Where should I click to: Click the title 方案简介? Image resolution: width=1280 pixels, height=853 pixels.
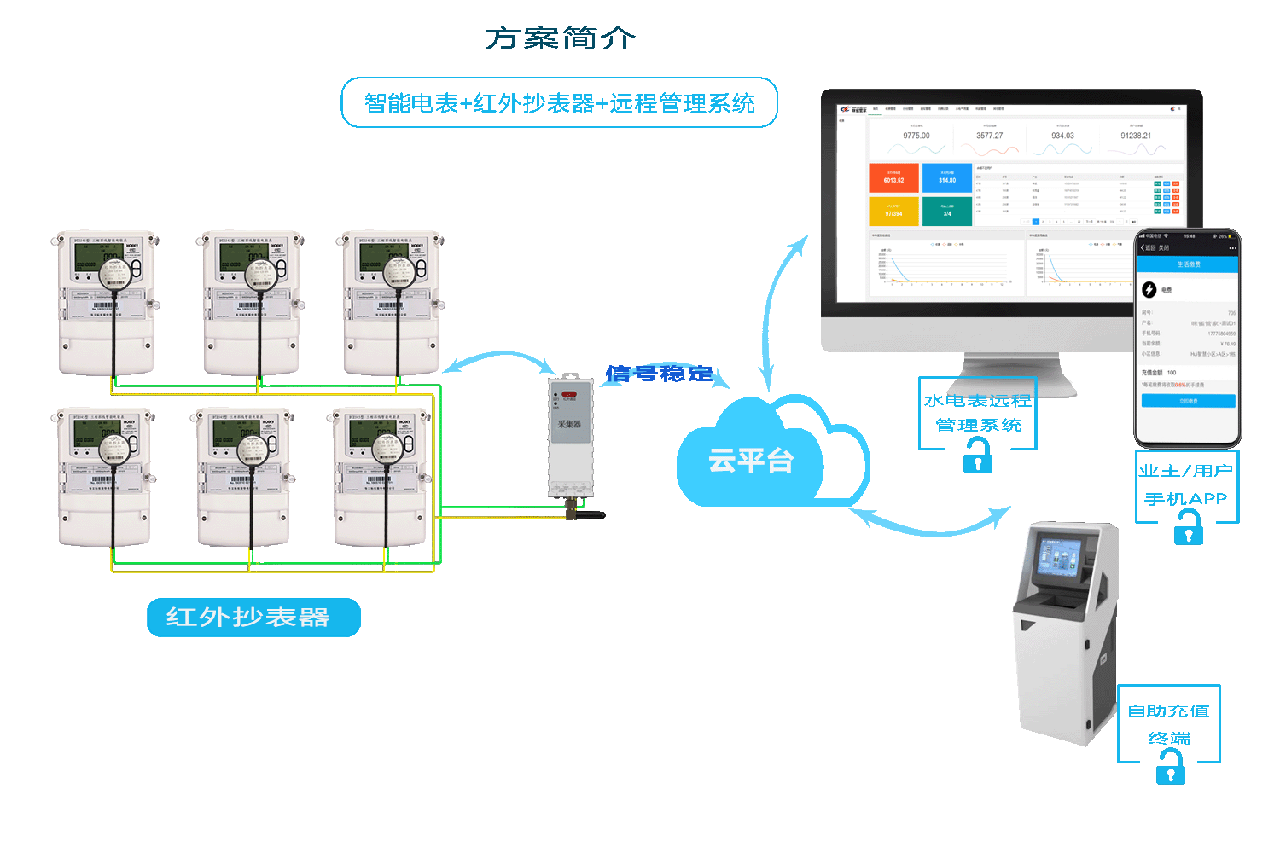(561, 38)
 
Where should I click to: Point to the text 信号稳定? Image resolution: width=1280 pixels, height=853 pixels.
(659, 374)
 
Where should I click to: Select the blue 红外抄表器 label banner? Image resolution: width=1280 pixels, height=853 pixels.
(253, 618)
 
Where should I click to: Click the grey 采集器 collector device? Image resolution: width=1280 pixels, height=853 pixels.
(570, 435)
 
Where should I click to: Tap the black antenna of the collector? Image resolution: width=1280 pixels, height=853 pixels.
(589, 515)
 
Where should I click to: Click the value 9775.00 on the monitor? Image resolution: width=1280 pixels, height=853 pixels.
(916, 136)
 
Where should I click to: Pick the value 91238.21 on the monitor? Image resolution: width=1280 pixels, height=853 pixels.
(1136, 136)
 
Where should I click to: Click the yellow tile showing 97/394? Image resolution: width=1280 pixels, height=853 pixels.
(893, 211)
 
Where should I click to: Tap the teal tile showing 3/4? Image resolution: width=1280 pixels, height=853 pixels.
(947, 211)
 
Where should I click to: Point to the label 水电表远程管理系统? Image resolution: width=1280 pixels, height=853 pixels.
(978, 413)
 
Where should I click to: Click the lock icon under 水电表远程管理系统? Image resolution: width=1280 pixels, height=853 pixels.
(978, 457)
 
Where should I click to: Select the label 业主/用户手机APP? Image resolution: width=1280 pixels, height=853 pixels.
(1186, 485)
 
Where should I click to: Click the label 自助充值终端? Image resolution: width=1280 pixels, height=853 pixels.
(1169, 723)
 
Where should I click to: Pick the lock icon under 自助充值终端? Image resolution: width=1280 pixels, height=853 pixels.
(1171, 769)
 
